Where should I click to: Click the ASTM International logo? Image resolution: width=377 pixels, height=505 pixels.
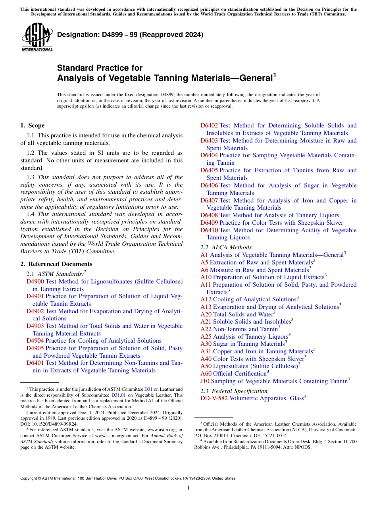tap(37, 37)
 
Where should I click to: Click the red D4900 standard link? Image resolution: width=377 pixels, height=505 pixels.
tap(35, 281)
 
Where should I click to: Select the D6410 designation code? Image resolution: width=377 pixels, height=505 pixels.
tap(209, 230)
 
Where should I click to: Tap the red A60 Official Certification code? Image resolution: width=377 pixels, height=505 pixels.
tap(206, 374)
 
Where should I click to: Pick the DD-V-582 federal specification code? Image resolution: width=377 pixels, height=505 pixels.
tap(214, 398)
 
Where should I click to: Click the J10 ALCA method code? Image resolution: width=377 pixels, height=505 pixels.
tap(205, 381)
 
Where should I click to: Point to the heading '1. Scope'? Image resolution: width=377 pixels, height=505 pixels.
tap(32, 125)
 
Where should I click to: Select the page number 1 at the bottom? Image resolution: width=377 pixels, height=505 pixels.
tap(188, 488)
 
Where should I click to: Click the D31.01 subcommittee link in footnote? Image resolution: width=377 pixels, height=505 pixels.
tap(118, 395)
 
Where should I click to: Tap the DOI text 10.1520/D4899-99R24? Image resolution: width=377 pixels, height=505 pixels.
tap(54, 424)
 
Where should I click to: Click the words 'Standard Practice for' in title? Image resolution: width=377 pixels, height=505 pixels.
tap(100, 68)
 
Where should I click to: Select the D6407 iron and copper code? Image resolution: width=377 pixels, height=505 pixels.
tap(209, 200)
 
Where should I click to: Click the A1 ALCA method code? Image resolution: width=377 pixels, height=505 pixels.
tap(204, 255)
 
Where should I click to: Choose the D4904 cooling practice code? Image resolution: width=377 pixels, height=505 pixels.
tap(35, 341)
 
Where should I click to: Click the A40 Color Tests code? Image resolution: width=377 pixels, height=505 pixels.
tap(206, 359)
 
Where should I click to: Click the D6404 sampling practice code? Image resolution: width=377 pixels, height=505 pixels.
tap(209, 156)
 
